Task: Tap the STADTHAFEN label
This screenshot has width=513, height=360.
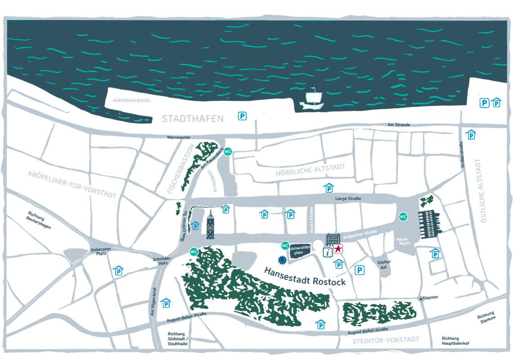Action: [193, 119]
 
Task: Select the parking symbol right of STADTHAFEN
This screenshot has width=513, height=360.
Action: [242, 117]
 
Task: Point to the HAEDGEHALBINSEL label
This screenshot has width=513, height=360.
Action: [132, 101]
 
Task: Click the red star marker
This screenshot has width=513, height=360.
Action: [338, 249]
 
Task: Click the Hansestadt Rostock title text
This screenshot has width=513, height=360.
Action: [305, 276]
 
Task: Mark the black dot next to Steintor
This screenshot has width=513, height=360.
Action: [421, 298]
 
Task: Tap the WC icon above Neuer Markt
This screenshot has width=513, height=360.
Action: [403, 217]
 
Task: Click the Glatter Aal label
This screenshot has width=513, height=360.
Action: [384, 265]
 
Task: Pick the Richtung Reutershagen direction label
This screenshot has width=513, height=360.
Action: [39, 220]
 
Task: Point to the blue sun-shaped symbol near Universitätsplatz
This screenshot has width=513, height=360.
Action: [282, 260]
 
